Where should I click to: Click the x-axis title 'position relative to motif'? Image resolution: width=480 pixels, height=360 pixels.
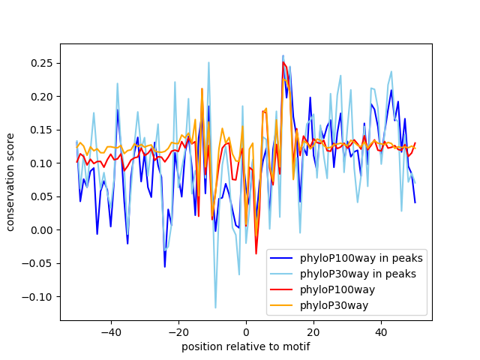coord(245,346)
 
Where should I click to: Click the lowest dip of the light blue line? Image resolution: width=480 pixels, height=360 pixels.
coord(215,307)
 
